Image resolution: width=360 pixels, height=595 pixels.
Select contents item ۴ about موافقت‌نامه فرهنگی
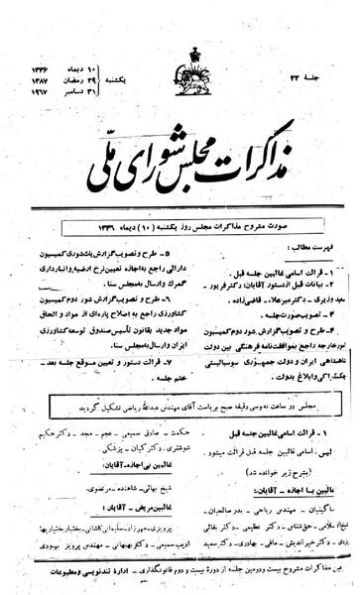click(268, 332)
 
